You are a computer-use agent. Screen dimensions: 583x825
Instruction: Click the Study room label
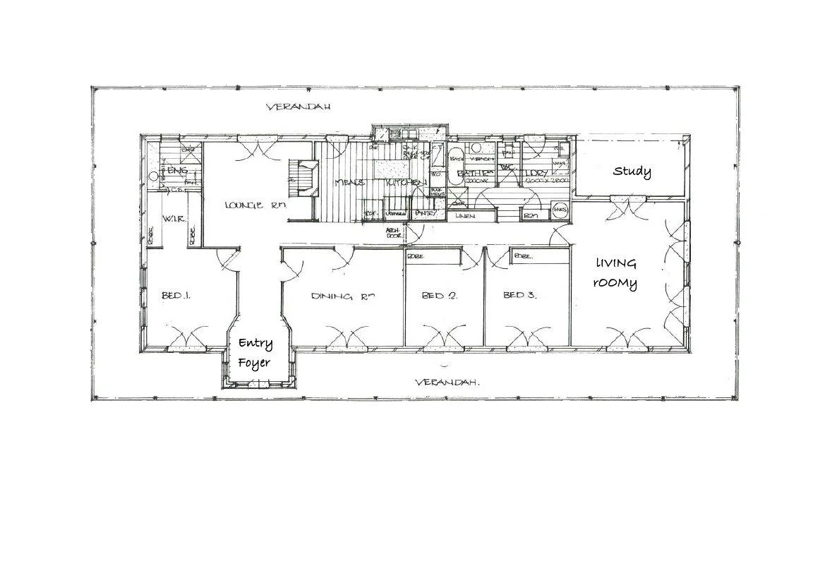[x=632, y=172]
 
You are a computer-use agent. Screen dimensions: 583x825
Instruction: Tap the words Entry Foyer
[x=255, y=352]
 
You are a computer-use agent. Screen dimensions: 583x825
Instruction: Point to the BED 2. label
[x=439, y=296]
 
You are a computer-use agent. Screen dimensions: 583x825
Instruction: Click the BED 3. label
[x=519, y=295]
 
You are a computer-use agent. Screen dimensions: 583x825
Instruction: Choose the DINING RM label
[x=342, y=296]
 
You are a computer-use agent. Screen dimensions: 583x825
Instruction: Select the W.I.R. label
[x=173, y=220]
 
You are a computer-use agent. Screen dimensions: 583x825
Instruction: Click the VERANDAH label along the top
[x=298, y=107]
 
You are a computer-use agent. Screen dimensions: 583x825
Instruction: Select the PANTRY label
[x=424, y=213]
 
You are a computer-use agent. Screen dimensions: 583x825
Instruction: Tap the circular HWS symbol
[x=560, y=210]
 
